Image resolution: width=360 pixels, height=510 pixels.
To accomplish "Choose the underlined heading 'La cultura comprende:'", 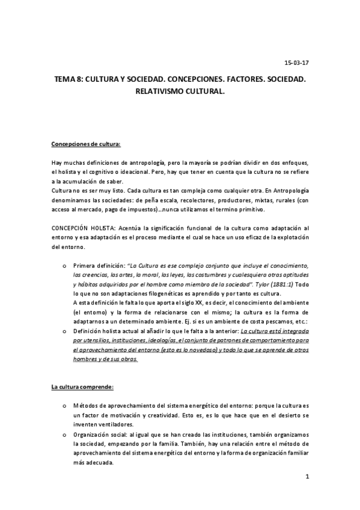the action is pos(82,369).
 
